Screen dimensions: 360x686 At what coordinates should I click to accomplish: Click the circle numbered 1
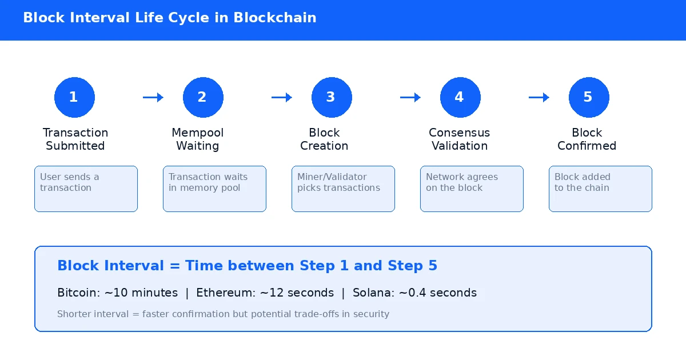point(74,97)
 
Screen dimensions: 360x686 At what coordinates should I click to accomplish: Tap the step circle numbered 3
point(332,97)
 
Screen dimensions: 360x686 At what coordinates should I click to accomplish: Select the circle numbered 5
point(589,97)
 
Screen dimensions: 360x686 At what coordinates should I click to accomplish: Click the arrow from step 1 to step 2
point(153,98)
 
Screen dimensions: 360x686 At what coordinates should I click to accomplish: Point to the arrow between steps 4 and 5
point(539,98)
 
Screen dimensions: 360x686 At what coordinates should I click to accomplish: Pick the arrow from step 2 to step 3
point(282,98)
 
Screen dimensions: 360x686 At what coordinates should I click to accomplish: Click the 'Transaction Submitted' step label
point(75,139)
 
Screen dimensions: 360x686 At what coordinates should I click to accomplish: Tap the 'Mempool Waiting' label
point(198,139)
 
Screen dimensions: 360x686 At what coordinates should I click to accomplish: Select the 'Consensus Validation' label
point(460,139)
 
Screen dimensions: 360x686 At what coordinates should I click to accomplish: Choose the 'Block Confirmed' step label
point(587,139)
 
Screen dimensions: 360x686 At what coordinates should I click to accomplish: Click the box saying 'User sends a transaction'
point(86,189)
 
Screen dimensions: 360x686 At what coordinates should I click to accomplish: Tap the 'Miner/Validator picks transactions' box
point(343,189)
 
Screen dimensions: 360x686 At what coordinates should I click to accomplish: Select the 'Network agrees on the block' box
point(472,189)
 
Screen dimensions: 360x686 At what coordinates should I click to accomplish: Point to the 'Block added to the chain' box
point(600,189)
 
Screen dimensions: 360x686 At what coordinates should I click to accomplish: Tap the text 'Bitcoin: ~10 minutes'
point(118,293)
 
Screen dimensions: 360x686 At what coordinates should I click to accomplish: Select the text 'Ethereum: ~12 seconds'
point(265,293)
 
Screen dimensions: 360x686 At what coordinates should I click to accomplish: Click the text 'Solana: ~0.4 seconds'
point(414,293)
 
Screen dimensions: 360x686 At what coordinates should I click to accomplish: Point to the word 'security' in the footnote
point(370,314)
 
